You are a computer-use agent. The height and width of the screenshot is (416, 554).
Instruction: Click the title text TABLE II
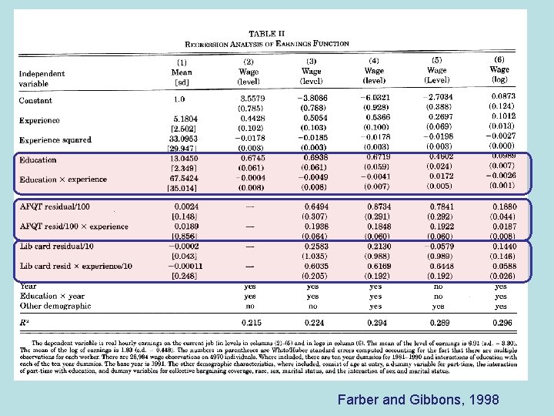(266, 34)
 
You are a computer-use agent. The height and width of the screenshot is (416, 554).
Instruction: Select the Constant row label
(37, 100)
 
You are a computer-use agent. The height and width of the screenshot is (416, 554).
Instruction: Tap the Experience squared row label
(65, 140)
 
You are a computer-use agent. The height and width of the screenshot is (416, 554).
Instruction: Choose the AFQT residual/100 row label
(55, 206)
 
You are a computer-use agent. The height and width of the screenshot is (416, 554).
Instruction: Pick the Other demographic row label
(55, 305)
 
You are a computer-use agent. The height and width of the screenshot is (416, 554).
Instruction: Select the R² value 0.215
(252, 322)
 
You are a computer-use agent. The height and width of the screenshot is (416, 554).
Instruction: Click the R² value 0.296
(501, 322)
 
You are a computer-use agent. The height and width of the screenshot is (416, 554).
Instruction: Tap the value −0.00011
(185, 266)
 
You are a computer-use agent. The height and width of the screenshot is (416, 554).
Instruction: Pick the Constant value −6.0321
(375, 99)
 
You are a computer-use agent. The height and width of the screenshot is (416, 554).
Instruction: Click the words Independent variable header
(52, 79)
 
